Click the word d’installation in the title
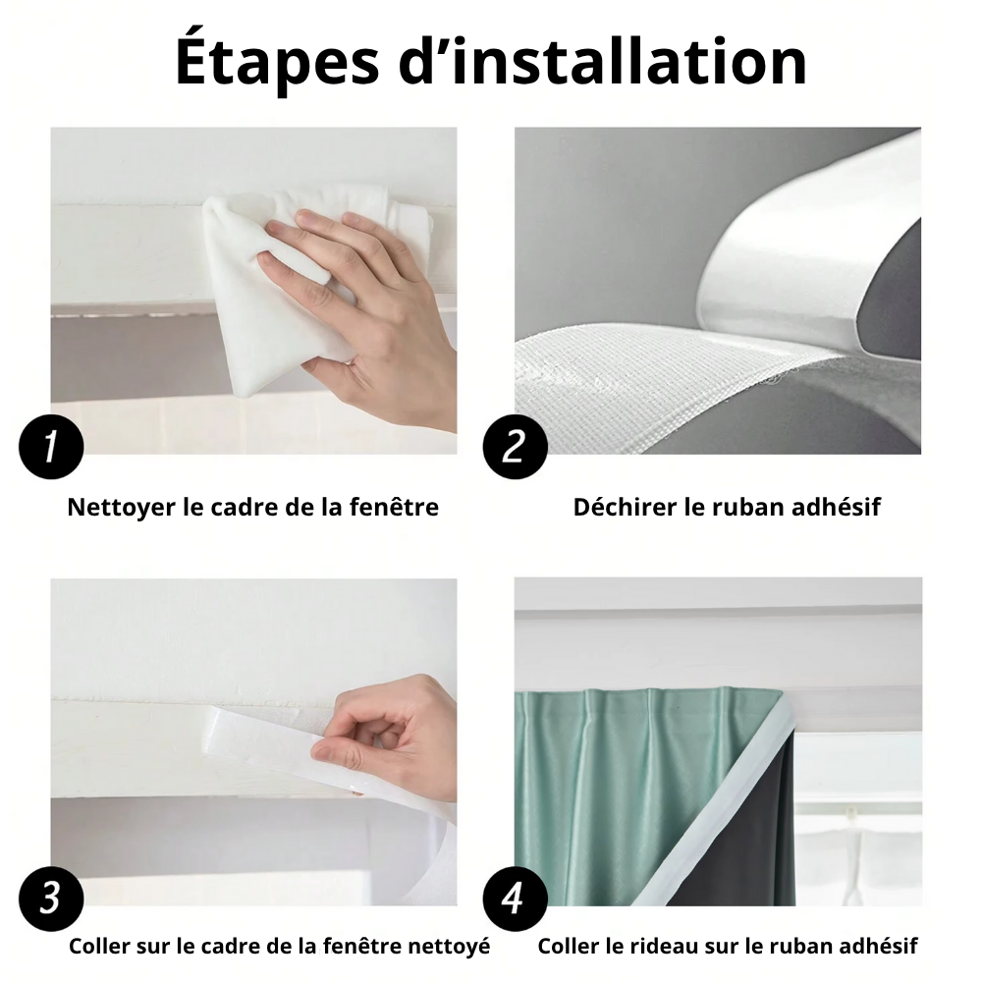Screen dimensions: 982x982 click(x=603, y=60)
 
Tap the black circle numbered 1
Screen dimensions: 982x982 click(x=51, y=447)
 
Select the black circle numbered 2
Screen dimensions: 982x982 click(x=515, y=447)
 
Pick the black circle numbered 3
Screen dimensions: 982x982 click(x=51, y=900)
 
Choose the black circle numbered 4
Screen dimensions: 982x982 click(x=515, y=900)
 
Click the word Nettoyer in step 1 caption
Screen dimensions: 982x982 click(x=122, y=508)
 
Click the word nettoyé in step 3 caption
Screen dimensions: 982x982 click(x=449, y=946)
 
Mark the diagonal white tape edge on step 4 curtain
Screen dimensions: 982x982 click(x=714, y=801)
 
